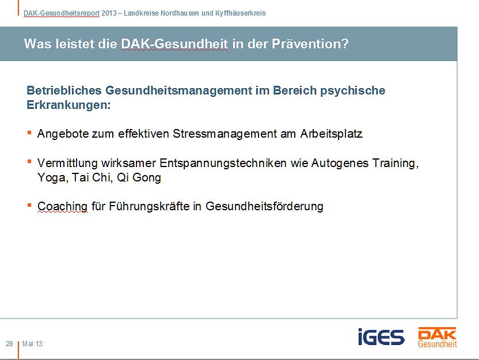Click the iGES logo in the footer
tap(381, 337)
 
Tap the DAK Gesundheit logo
tap(438, 337)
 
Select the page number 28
tap(9, 344)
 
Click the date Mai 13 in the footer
tap(32, 344)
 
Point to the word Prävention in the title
tap(314, 44)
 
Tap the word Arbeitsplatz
tap(332, 134)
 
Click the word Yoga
tap(50, 178)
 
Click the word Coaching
tap(62, 206)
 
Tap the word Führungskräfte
tap(140, 206)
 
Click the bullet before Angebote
tap(29, 132)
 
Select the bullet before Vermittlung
tap(29, 162)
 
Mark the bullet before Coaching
tap(29, 205)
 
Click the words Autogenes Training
tap(363, 163)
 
